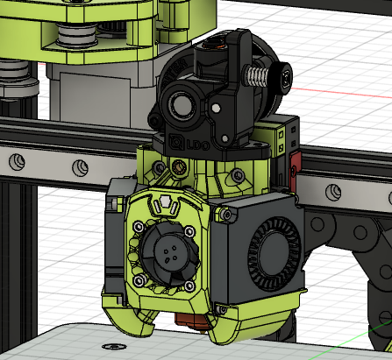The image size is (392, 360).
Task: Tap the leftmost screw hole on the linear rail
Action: pyautogui.click(x=16, y=159)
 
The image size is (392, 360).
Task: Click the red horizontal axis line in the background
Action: pyautogui.click(x=351, y=88)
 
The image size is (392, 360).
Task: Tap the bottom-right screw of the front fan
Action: pyautogui.click(x=190, y=283)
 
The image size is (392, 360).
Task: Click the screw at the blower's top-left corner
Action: pyautogui.click(x=227, y=213)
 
